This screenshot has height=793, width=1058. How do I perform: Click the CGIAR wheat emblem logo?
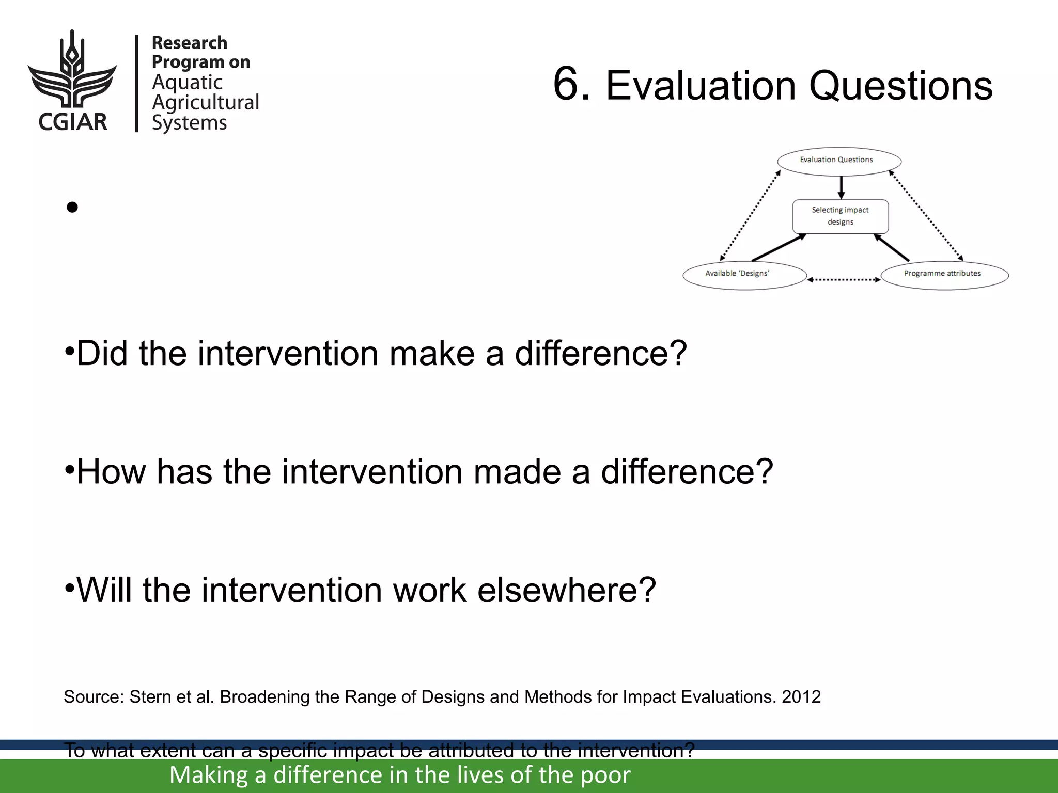(72, 70)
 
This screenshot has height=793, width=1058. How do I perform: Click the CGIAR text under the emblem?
(73, 122)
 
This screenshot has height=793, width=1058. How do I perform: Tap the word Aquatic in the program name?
(187, 82)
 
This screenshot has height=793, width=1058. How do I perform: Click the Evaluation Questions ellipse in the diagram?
(839, 161)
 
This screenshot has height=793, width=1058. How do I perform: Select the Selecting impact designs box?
(841, 216)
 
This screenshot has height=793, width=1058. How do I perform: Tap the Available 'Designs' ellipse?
(744, 275)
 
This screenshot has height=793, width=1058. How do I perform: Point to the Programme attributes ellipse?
(944, 275)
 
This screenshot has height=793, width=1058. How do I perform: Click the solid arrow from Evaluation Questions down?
(841, 187)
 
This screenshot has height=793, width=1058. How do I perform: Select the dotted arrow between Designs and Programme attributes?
(844, 280)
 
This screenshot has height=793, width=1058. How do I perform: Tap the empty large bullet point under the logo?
(72, 208)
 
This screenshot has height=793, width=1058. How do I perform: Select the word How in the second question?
(111, 472)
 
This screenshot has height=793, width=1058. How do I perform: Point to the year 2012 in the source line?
(801, 697)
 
